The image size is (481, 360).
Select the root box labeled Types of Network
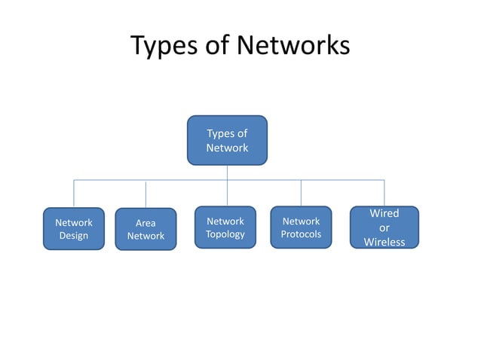(x=227, y=140)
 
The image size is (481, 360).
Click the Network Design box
(x=74, y=228)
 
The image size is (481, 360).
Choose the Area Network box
(x=146, y=229)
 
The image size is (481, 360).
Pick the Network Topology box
(x=225, y=227)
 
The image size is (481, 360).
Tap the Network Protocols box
(x=301, y=227)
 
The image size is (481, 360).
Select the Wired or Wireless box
(x=384, y=227)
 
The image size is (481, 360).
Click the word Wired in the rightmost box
(x=384, y=214)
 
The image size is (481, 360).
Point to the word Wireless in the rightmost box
(x=384, y=242)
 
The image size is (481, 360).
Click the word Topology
(x=225, y=234)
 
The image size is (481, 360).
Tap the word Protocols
(x=301, y=234)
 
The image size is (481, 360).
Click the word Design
(x=74, y=236)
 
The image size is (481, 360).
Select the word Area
(x=146, y=223)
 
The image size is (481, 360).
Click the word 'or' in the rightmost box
(x=384, y=227)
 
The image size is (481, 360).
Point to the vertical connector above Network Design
(x=74, y=194)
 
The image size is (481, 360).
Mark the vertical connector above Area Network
(x=146, y=194)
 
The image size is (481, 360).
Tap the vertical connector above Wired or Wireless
(x=384, y=193)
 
